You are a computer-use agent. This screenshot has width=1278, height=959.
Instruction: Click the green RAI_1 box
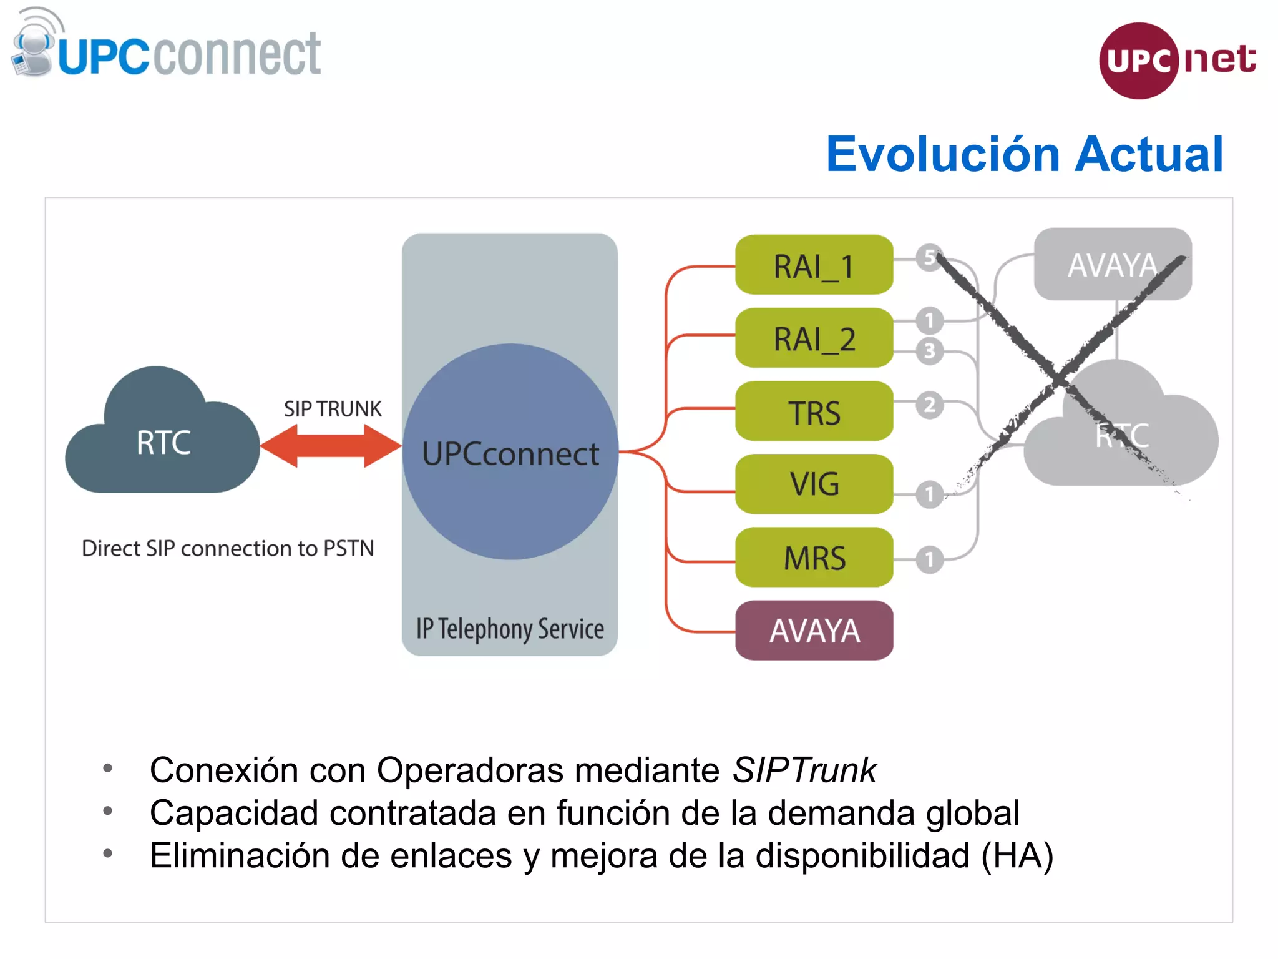point(814,265)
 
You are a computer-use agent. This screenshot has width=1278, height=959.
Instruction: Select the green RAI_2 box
point(814,338)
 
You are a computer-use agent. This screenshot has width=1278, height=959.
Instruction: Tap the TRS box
point(814,411)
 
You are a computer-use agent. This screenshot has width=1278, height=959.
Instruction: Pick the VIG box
point(814,484)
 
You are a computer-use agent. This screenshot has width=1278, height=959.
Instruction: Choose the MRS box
point(814,557)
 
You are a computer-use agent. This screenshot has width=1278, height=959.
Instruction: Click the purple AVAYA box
point(814,630)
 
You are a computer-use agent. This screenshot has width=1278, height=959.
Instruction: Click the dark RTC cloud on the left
point(162,441)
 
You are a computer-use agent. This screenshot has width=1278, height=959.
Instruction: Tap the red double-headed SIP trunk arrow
point(331,446)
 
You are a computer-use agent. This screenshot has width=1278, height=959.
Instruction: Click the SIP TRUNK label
point(332,409)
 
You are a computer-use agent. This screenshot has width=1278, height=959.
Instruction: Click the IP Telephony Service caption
point(510,629)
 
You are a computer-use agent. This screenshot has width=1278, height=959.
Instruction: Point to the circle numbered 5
point(929,257)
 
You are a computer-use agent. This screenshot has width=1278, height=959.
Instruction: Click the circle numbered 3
point(929,351)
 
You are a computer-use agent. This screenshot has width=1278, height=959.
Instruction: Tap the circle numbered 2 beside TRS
point(929,405)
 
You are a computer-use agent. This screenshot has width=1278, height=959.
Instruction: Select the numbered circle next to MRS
point(929,559)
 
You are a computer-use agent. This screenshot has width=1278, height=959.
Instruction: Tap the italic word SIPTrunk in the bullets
point(804,770)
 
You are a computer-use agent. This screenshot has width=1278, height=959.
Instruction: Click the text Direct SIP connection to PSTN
point(228,548)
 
